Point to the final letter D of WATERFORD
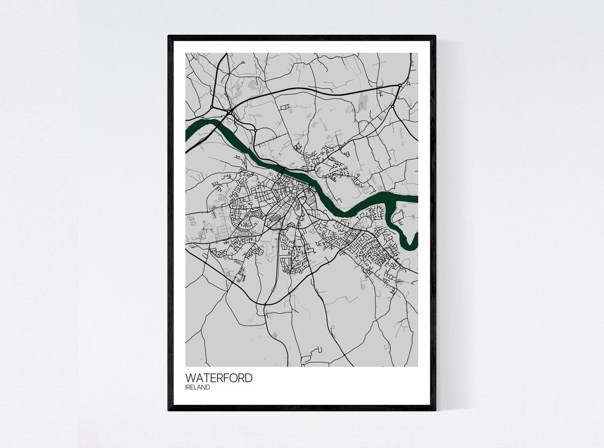pyautogui.click(x=248, y=378)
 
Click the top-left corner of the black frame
pyautogui.click(x=169, y=36)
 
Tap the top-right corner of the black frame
pyautogui.click(x=435, y=36)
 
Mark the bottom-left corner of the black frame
pyautogui.click(x=169, y=410)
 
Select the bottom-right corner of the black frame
pyautogui.click(x=435, y=410)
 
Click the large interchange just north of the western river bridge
pyautogui.click(x=229, y=112)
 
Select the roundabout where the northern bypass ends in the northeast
pyautogui.click(x=400, y=85)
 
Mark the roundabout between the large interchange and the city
pyautogui.click(x=253, y=128)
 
